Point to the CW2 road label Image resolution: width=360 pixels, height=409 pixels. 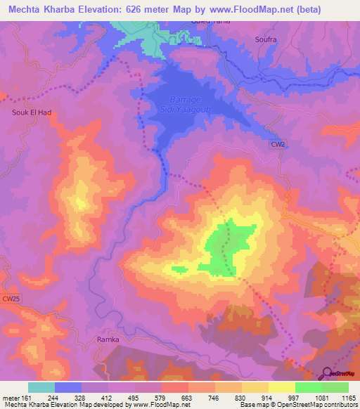[x=279, y=144]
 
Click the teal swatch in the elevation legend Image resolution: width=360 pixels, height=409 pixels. [x=41, y=387]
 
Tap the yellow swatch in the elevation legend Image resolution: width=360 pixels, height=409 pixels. [x=281, y=387]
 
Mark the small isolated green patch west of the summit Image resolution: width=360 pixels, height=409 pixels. [x=179, y=268]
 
